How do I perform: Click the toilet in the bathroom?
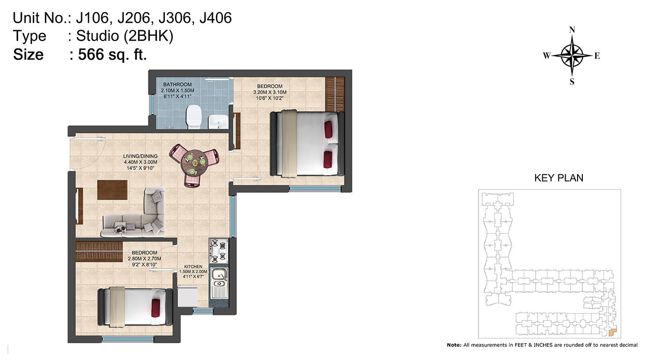pyautogui.click(x=193, y=117)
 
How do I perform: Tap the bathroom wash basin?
pyautogui.click(x=218, y=122)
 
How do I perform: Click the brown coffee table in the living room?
pyautogui.click(x=112, y=190)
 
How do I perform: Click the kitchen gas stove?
pyautogui.click(x=218, y=251)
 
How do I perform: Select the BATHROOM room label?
pyautogui.click(x=177, y=84)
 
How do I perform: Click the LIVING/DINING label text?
pyautogui.click(x=141, y=156)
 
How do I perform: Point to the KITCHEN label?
pyautogui.click(x=193, y=267)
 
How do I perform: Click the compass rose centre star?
pyautogui.click(x=572, y=55)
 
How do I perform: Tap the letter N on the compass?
pyautogui.click(x=572, y=30)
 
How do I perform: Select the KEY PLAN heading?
pyautogui.click(x=559, y=178)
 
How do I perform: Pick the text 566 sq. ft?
pyautogui.click(x=112, y=54)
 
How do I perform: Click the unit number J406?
pyautogui.click(x=215, y=18)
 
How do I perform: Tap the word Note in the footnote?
pyautogui.click(x=453, y=345)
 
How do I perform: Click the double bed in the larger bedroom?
pyautogui.click(x=307, y=144)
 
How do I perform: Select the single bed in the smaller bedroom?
pyautogui.click(x=135, y=307)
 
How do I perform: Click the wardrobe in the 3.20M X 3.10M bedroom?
pyautogui.click(x=335, y=94)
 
